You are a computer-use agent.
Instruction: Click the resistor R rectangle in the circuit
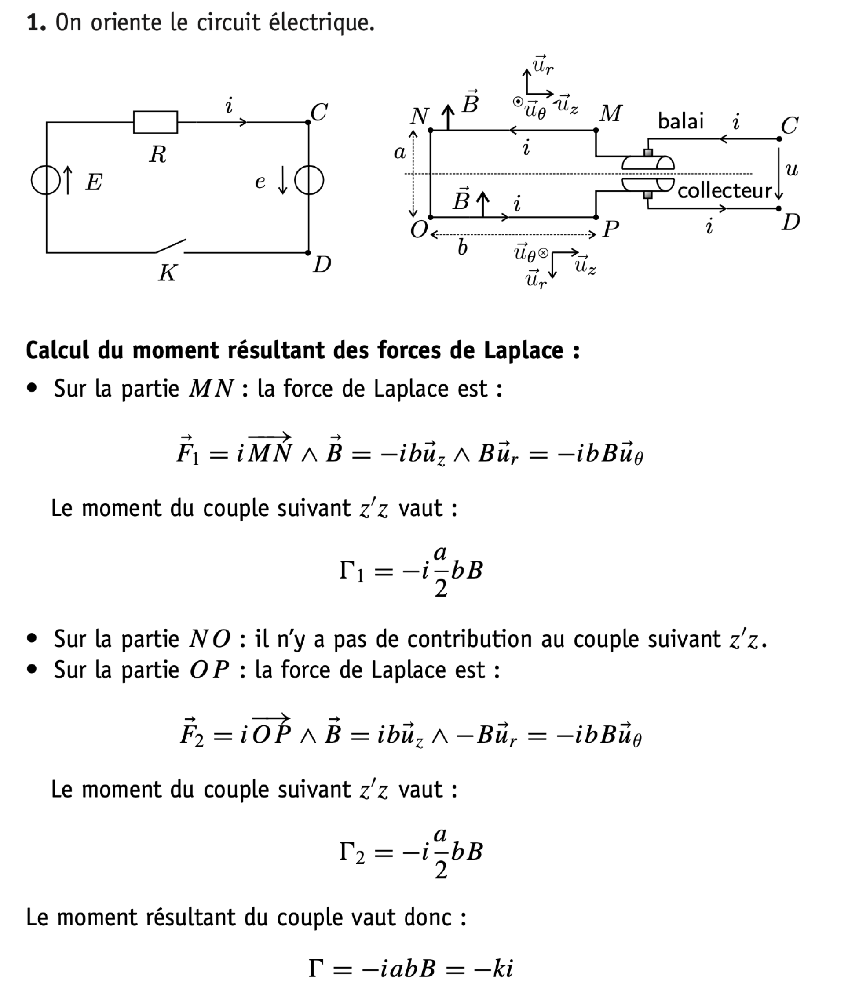click(155, 122)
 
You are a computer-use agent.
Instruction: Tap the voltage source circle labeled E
click(46, 180)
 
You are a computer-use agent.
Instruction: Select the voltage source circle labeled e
click(309, 180)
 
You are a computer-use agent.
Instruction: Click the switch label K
click(167, 273)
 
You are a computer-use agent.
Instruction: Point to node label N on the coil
click(419, 116)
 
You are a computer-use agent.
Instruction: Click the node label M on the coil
click(610, 114)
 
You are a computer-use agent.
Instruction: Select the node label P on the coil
click(610, 229)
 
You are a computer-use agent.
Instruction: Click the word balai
click(680, 121)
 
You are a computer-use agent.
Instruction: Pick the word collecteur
click(724, 191)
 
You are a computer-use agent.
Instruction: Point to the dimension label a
click(399, 153)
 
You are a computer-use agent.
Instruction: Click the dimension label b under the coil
click(462, 248)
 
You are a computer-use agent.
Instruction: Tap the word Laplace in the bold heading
click(523, 350)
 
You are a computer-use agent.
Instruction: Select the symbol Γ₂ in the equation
click(351, 853)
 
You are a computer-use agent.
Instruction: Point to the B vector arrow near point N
click(448, 117)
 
